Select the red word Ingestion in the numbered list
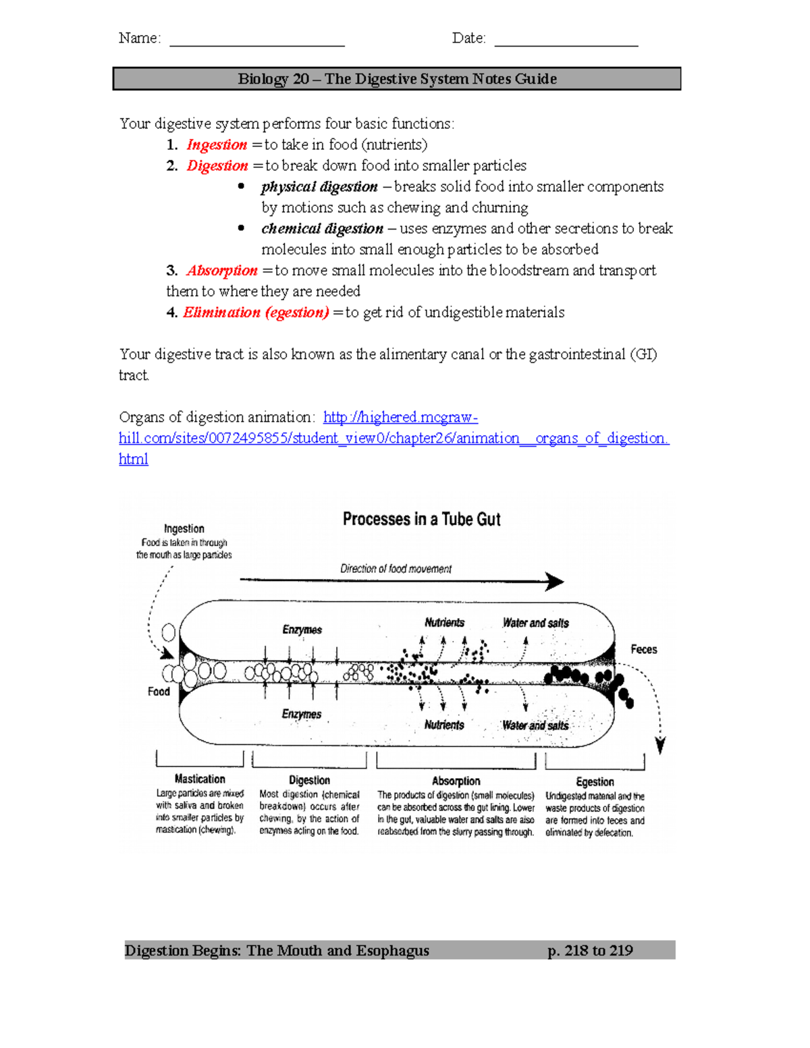click(x=217, y=145)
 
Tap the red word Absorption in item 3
click(x=222, y=271)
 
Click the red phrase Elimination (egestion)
click(x=256, y=312)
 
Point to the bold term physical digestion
click(x=319, y=187)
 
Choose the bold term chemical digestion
click(x=322, y=229)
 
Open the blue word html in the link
click(x=133, y=459)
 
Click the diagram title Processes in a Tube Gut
click(x=421, y=519)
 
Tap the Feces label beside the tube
click(x=643, y=649)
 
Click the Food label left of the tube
click(x=159, y=692)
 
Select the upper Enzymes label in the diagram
click(x=302, y=630)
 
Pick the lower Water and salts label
click(x=535, y=725)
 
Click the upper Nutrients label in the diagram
click(x=444, y=622)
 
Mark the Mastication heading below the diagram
click(x=200, y=779)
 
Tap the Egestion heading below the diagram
click(x=595, y=781)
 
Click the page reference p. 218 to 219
click(x=590, y=951)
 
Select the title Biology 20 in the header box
click(x=273, y=79)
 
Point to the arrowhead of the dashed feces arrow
click(x=660, y=746)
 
